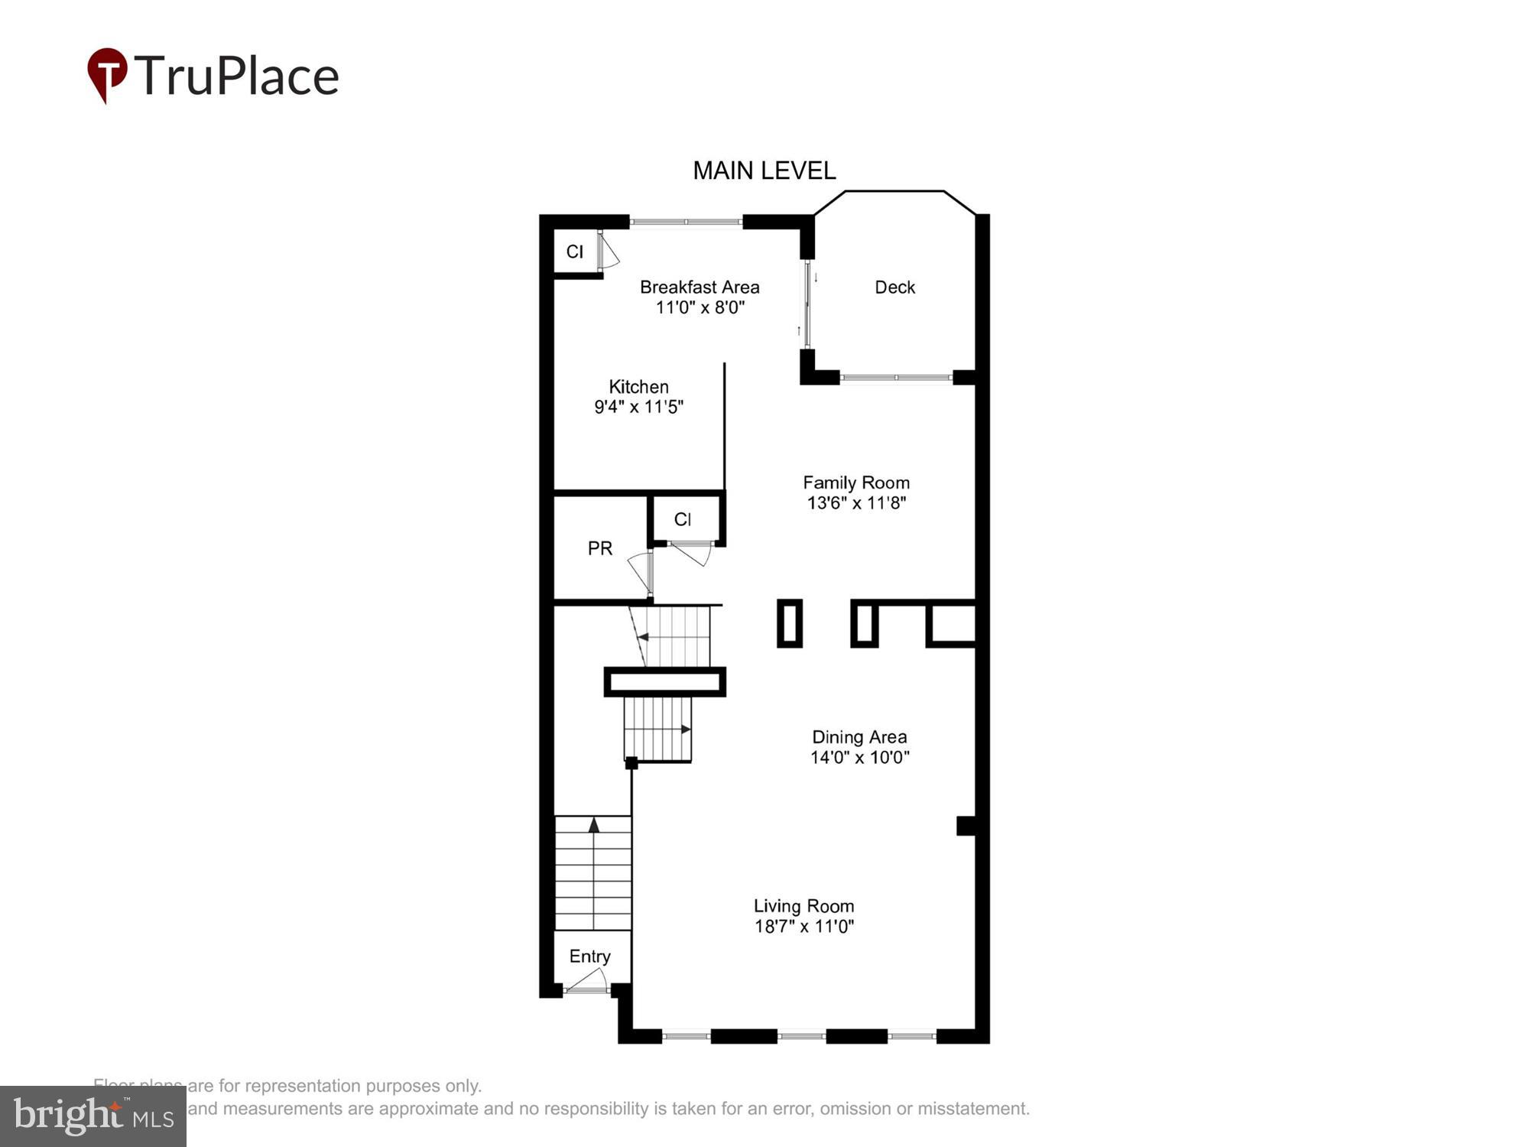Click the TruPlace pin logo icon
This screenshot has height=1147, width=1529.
pos(107,74)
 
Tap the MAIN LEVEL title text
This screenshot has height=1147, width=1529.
pos(764,171)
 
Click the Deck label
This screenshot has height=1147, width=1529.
pos(894,288)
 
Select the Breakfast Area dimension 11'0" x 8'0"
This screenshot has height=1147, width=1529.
pos(700,307)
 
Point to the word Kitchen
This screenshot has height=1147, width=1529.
pos(638,387)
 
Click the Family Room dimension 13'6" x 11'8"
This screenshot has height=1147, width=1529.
pos(856,503)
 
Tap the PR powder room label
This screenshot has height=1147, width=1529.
pos(600,548)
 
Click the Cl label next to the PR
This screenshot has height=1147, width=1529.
pos(683,520)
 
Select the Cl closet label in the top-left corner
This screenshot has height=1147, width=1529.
pos(575,252)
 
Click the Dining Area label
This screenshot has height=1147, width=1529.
pos(859,737)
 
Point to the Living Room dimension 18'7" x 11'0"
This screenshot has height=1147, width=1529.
pos(804,927)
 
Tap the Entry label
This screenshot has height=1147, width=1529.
pos(589,957)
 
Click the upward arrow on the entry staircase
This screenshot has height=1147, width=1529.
pos(593,824)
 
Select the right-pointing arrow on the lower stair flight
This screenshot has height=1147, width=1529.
pos(685,729)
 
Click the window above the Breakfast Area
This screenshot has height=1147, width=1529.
pos(686,222)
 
